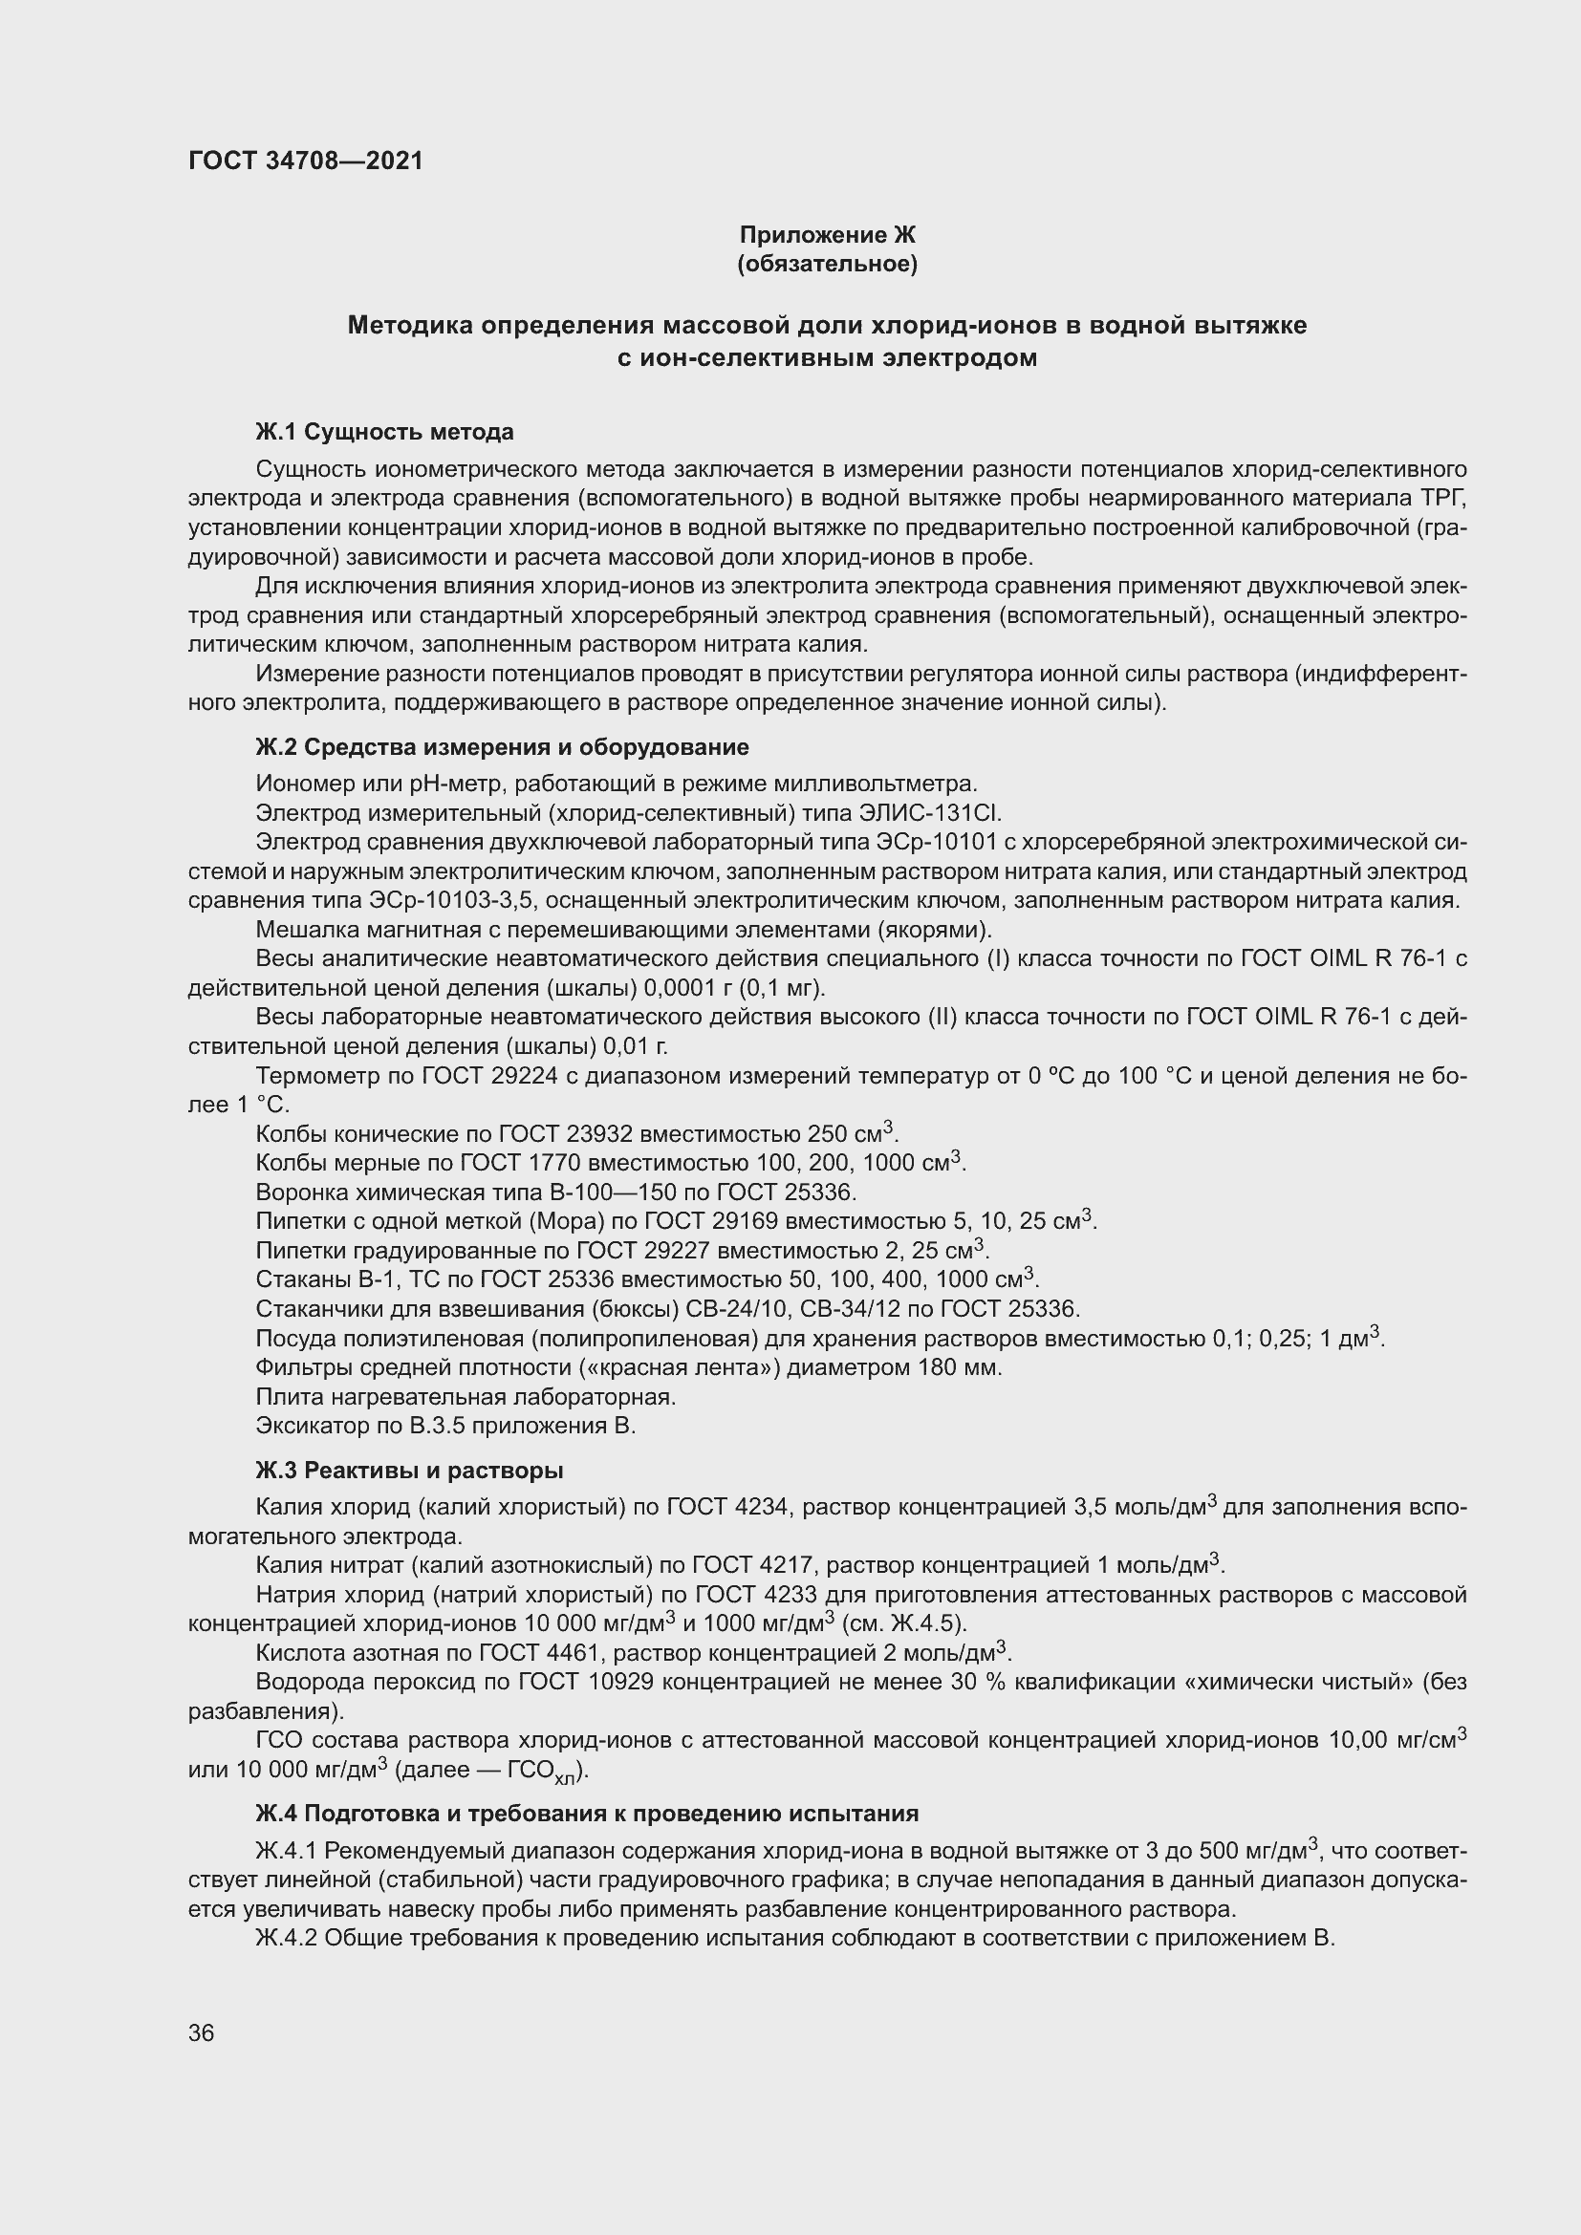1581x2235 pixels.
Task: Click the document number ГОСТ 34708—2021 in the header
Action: [306, 161]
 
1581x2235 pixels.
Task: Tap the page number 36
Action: [202, 2032]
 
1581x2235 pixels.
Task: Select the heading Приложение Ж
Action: [827, 235]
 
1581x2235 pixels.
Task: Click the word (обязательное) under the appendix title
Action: [827, 264]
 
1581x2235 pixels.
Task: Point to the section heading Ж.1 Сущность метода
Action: [384, 431]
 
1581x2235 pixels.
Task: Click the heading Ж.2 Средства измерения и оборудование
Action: [503, 746]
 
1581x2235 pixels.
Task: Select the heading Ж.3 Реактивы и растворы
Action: [410, 1470]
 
